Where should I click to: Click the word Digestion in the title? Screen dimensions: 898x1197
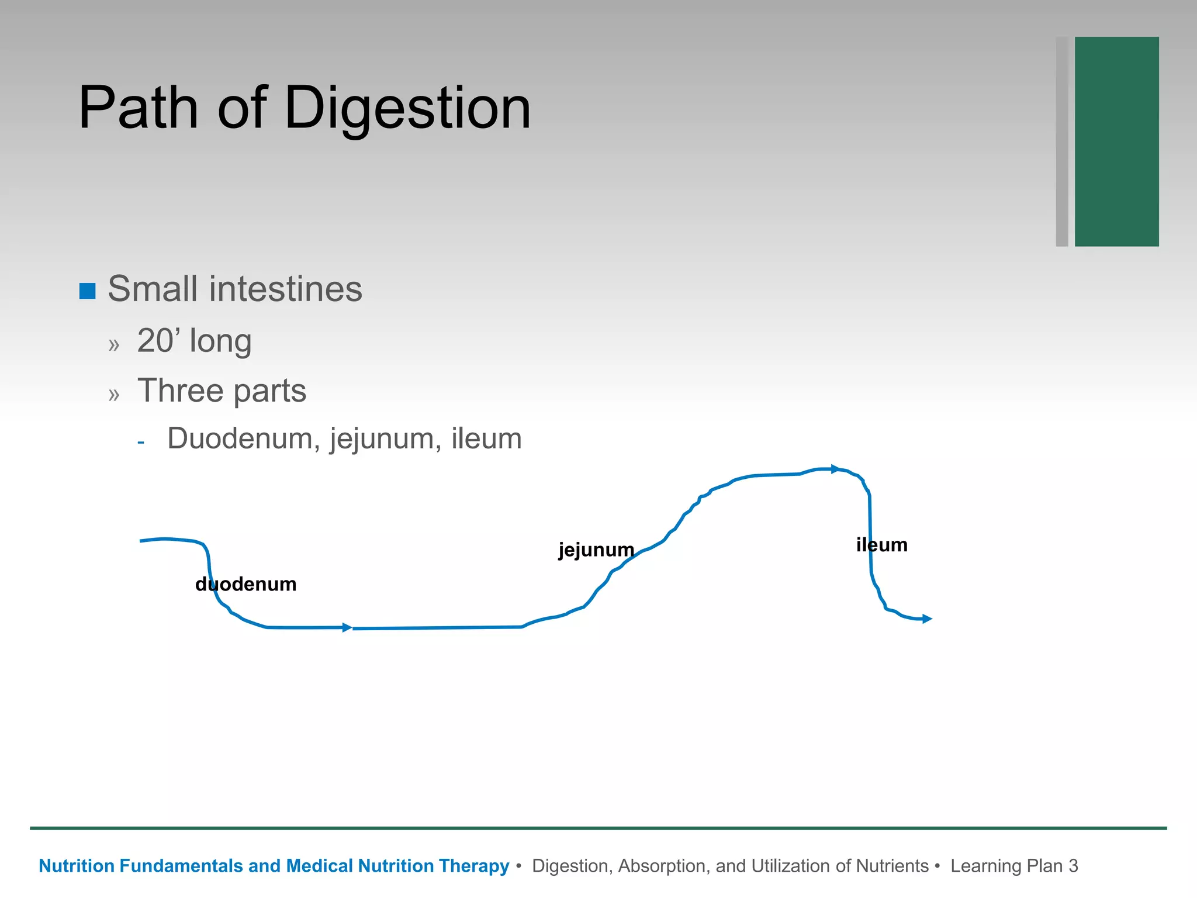(x=407, y=109)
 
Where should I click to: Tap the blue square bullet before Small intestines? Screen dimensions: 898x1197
(x=88, y=291)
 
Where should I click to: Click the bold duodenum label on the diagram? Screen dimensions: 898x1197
(x=246, y=584)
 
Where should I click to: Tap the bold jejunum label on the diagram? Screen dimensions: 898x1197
(x=596, y=550)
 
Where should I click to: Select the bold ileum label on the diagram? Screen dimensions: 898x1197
(x=881, y=545)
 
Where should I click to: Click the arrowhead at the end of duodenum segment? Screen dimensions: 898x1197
(x=347, y=627)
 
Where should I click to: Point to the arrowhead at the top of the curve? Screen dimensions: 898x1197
(x=835, y=469)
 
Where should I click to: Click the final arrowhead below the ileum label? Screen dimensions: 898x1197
(x=927, y=619)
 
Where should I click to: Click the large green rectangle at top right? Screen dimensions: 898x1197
(x=1116, y=141)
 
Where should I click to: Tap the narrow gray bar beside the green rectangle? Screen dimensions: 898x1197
(x=1062, y=141)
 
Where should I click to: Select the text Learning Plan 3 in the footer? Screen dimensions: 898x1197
(x=1013, y=866)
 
